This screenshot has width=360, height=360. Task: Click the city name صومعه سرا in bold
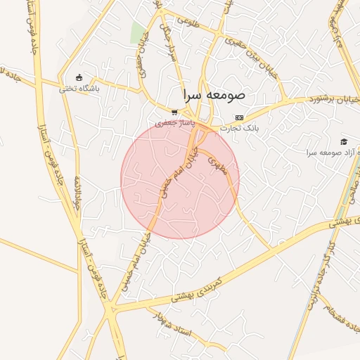tap(214, 94)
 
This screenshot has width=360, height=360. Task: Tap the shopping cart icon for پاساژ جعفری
tap(174, 112)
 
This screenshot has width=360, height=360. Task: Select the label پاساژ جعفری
tap(174, 123)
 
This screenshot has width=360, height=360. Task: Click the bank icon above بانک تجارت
tap(240, 117)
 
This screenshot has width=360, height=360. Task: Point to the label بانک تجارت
tap(240, 129)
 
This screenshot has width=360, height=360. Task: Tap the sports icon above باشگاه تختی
tap(79, 78)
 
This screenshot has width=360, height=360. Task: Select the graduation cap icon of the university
tap(344, 141)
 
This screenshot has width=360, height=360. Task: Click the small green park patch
tap(139, 32)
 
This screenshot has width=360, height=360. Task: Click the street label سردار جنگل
tap(169, 42)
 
